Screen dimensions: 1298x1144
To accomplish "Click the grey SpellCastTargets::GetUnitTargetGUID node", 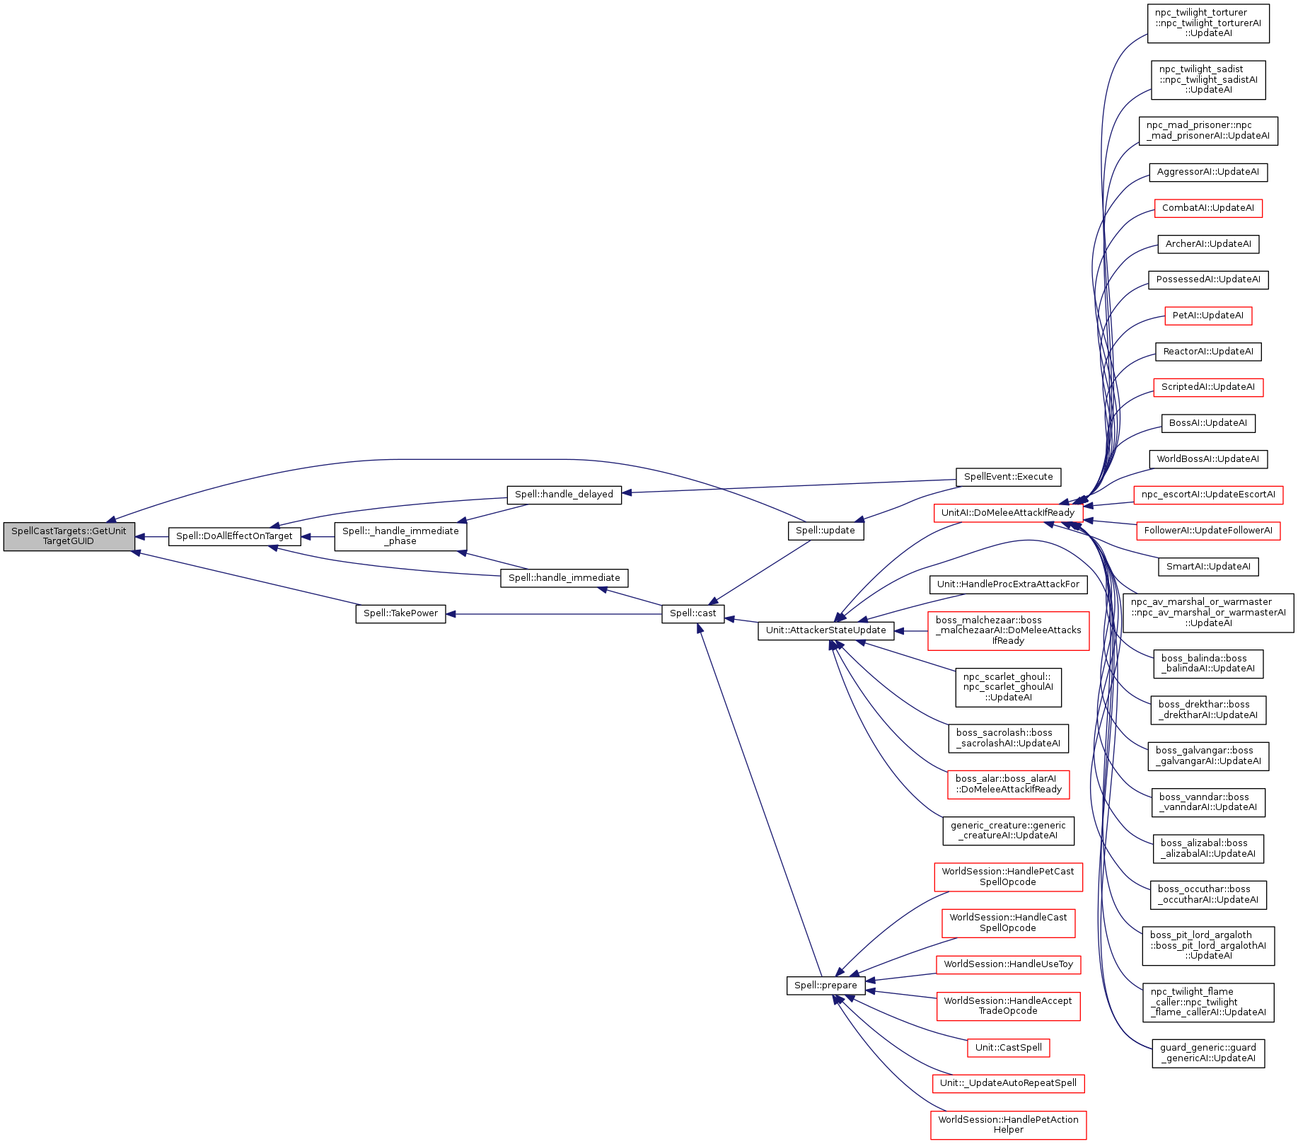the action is coord(69,536).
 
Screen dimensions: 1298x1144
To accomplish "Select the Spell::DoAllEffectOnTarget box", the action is coord(234,536).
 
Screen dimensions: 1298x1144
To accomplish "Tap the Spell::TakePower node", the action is coord(400,613).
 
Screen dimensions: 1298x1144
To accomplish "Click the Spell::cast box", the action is coord(693,613).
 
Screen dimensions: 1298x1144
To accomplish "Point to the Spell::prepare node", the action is coord(825,986).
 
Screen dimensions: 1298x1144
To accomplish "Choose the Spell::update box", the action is coord(825,531).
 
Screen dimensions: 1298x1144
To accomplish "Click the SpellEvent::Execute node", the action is coord(1008,477).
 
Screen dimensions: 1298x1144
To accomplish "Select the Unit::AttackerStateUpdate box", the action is coord(825,630).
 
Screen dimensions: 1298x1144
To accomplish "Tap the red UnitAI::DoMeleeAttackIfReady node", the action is coord(1008,513).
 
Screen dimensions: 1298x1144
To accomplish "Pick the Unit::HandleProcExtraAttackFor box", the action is coord(1008,584).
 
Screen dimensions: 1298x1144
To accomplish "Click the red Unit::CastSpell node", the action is coord(1008,1048).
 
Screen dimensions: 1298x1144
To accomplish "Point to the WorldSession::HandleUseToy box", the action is coord(1008,964).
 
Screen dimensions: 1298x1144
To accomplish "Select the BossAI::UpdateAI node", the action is coord(1208,423).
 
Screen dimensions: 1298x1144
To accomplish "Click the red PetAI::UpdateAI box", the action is coord(1208,316).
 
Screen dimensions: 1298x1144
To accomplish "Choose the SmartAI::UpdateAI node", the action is coord(1208,567).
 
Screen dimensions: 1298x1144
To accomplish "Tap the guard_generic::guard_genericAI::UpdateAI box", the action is coord(1208,1053).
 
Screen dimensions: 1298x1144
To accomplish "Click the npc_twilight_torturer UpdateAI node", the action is coord(1208,23).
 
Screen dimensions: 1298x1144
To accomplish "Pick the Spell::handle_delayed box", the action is coord(564,495).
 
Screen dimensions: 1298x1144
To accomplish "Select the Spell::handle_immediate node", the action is coord(564,578).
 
